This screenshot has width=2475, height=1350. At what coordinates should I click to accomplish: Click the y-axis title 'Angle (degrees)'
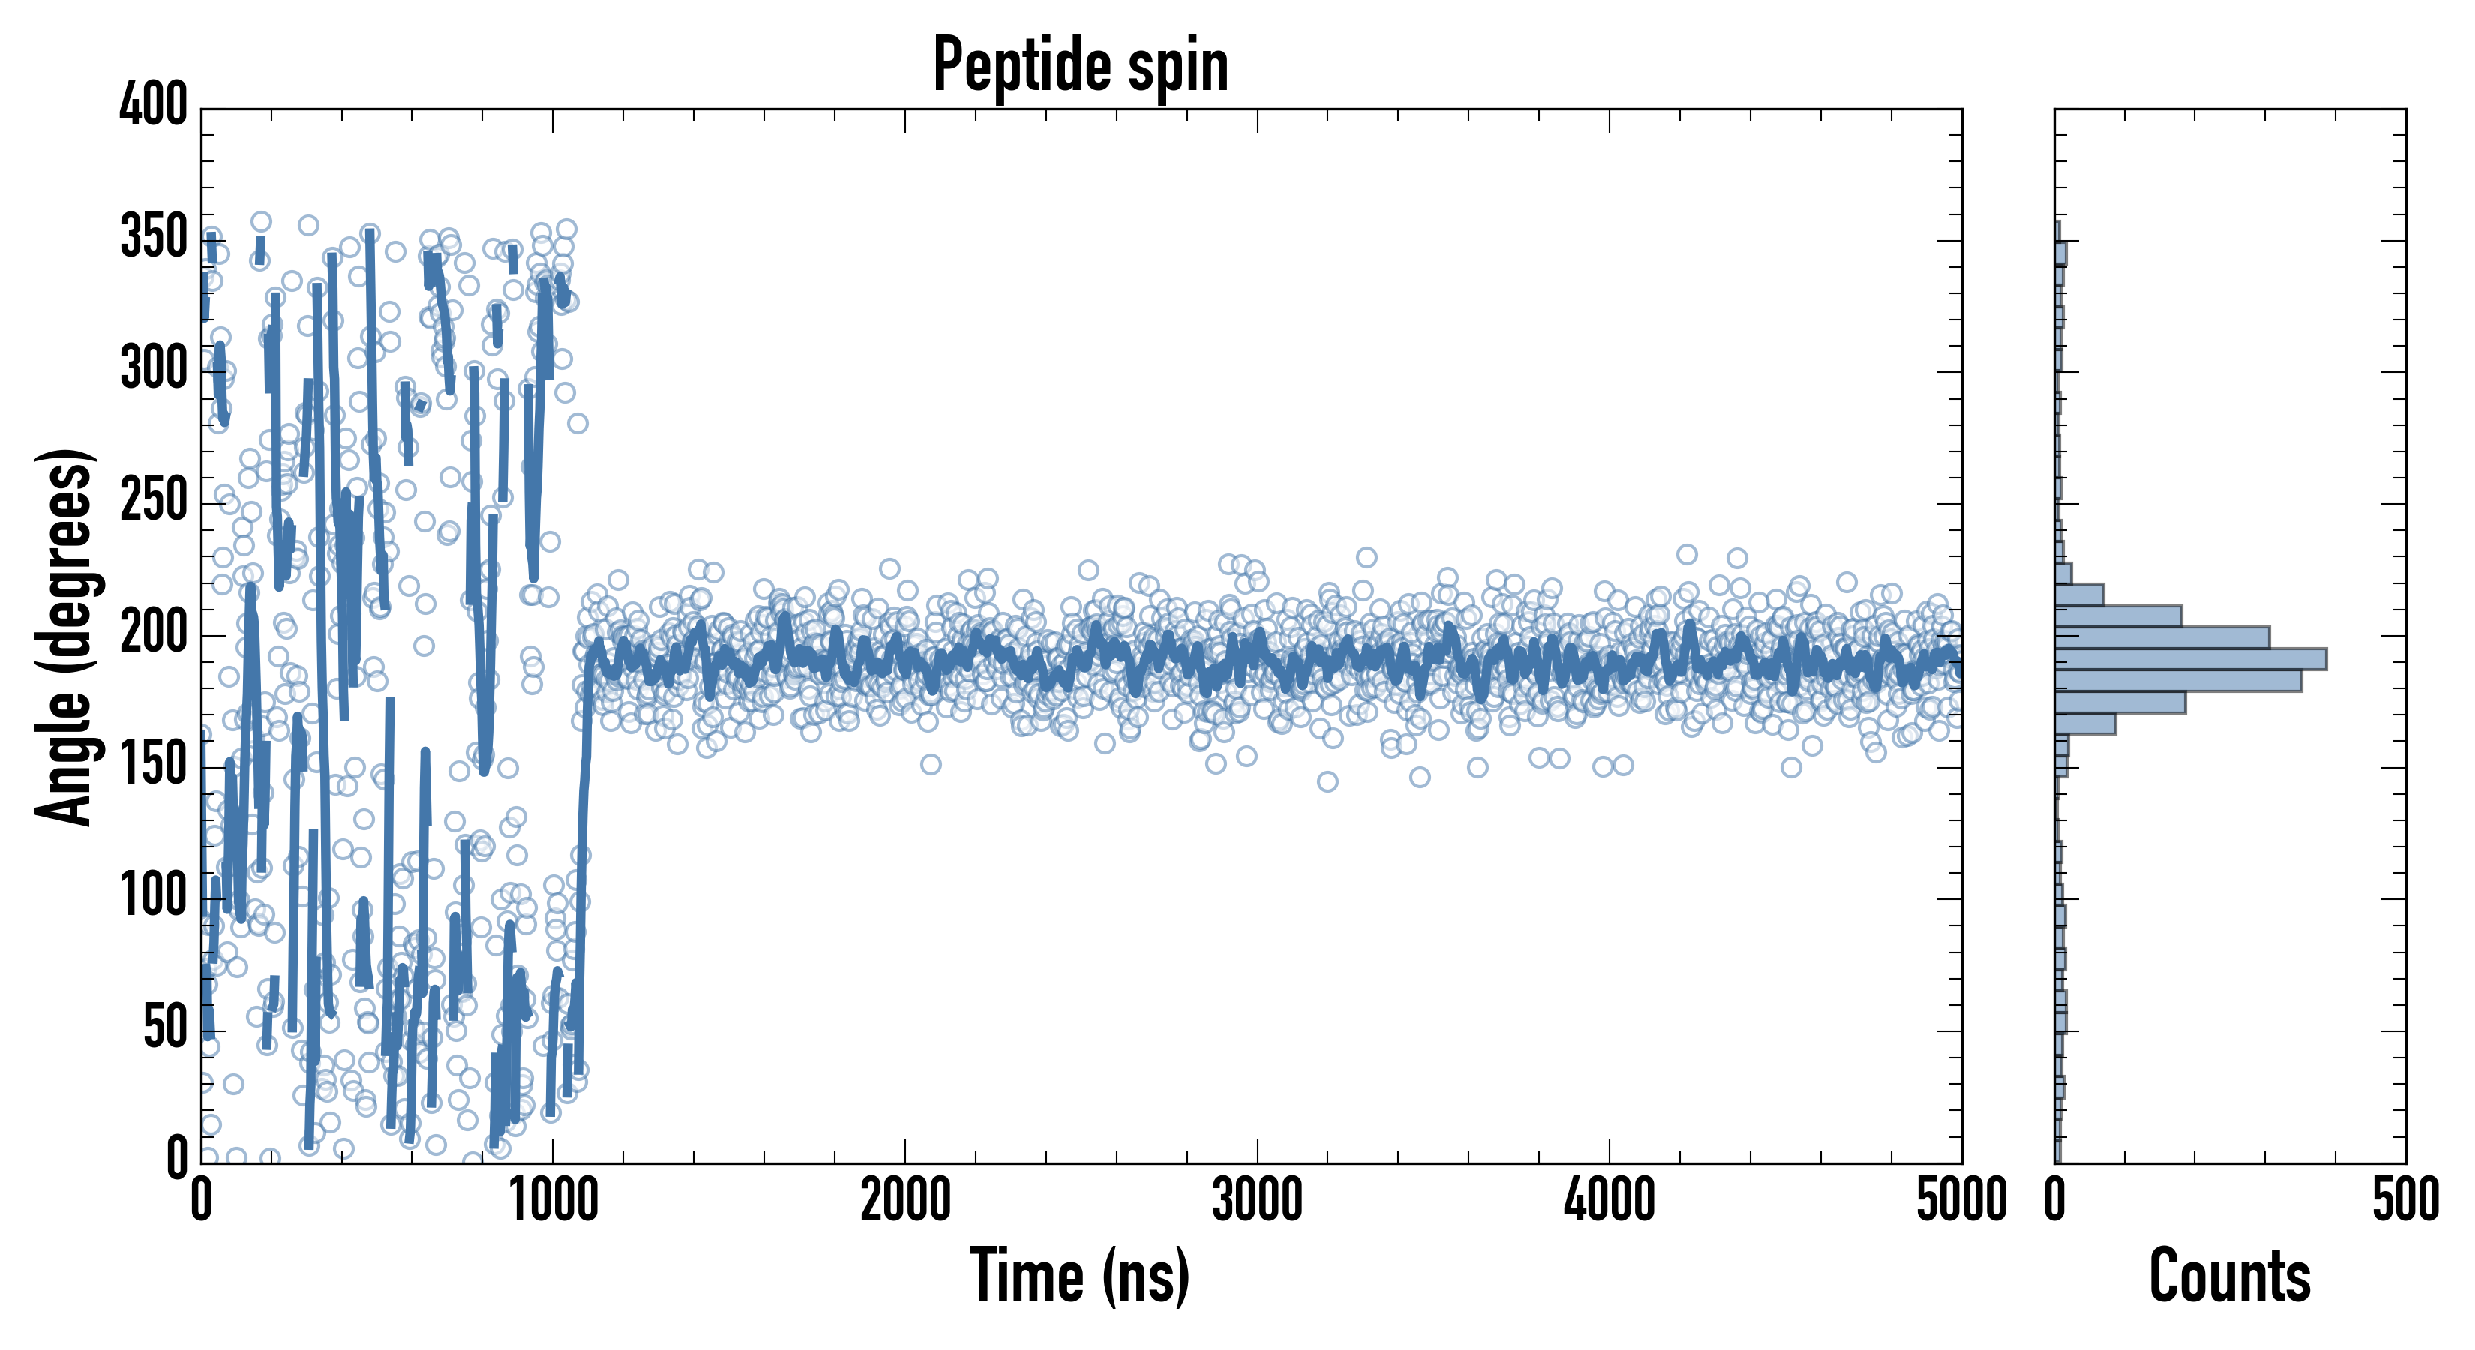[x=64, y=636]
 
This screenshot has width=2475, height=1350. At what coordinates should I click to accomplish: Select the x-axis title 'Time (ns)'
[x=1080, y=1275]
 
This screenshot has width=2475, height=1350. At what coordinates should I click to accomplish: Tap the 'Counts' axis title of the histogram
[x=2229, y=1275]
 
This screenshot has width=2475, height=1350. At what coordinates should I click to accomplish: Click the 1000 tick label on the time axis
[x=553, y=1201]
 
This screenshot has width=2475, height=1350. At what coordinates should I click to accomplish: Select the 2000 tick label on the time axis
[x=905, y=1201]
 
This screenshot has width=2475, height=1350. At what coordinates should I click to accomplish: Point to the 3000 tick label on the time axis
[x=1257, y=1201]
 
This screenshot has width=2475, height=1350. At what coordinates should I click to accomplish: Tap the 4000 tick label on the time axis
[x=1609, y=1201]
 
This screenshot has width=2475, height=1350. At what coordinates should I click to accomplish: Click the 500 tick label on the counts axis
[x=2404, y=1201]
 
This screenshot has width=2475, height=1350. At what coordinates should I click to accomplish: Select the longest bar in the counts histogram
[x=2191, y=659]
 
